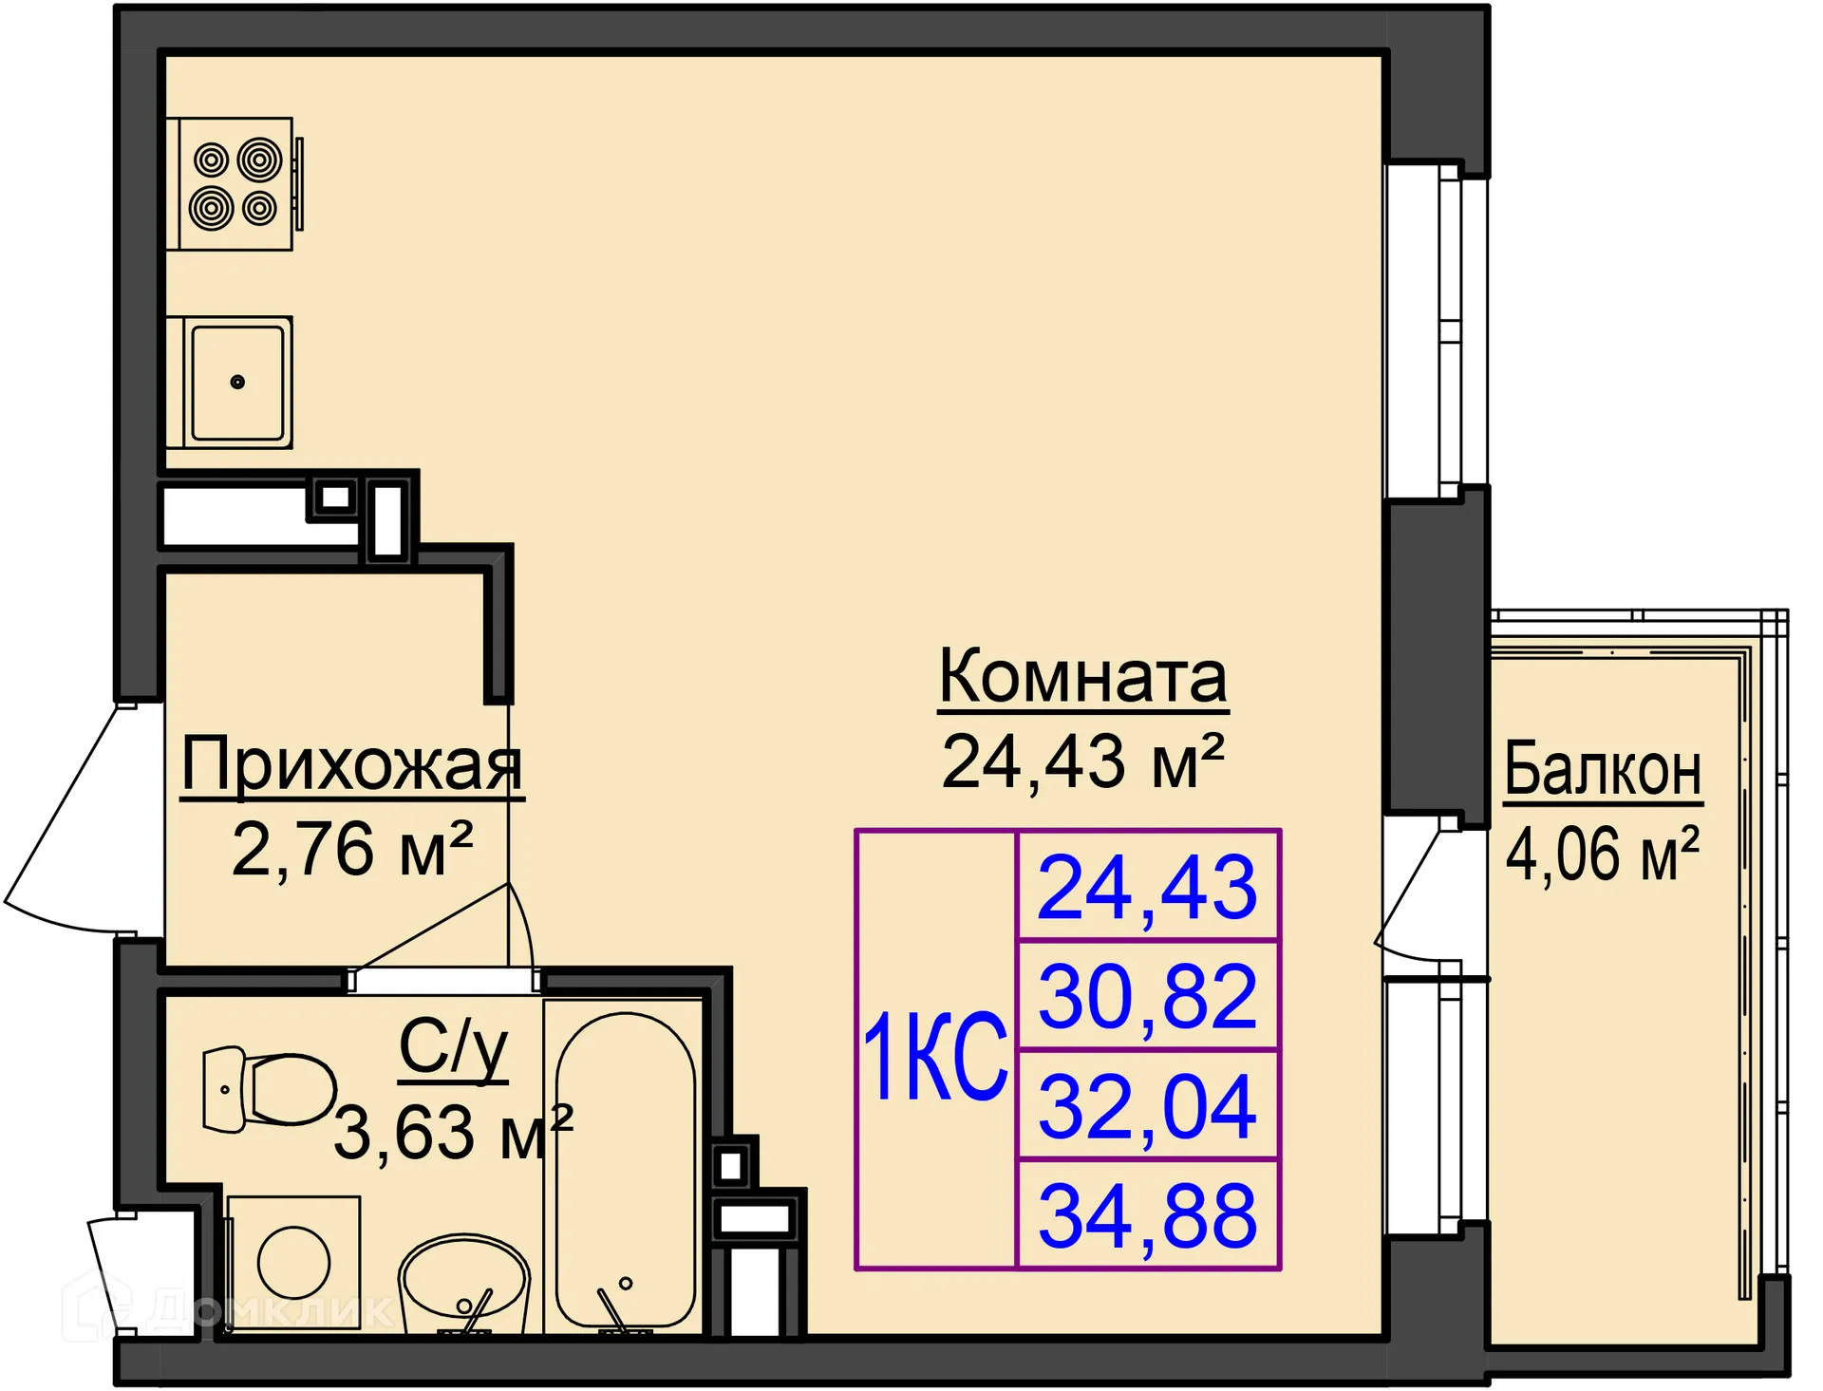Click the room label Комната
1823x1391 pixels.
point(1083,676)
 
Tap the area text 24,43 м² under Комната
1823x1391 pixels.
point(1083,761)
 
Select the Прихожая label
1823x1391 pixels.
point(352,764)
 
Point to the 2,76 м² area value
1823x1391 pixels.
point(352,848)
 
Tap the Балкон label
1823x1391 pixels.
point(1603,769)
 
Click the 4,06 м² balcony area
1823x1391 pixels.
point(1603,854)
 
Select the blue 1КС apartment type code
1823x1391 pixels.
point(935,1056)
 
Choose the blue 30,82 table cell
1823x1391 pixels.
point(1148,997)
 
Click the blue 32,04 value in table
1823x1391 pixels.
point(1148,1106)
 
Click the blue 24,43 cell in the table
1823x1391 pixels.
point(1148,888)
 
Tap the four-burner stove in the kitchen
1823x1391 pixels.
point(235,184)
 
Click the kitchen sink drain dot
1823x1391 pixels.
point(237,383)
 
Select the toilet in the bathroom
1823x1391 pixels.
point(270,1090)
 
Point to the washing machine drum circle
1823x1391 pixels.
point(293,1263)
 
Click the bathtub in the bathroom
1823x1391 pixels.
point(626,1170)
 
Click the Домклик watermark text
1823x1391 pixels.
point(271,1310)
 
